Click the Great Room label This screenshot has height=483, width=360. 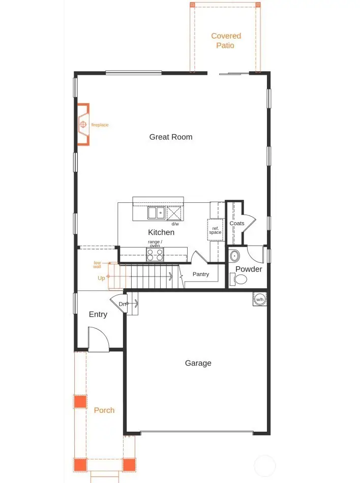pyautogui.click(x=171, y=137)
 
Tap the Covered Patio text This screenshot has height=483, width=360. pyautogui.click(x=226, y=41)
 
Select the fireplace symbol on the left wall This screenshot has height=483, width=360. pyautogui.click(x=83, y=125)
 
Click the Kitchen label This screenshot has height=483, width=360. pyautogui.click(x=161, y=232)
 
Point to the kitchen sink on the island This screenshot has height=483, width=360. pyautogui.click(x=156, y=213)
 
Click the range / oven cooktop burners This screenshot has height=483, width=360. pyautogui.click(x=155, y=254)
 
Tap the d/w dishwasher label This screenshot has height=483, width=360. pyautogui.click(x=175, y=224)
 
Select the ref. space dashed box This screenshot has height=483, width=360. pyautogui.click(x=215, y=230)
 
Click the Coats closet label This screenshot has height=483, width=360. pyautogui.click(x=237, y=223)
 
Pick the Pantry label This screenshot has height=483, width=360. pyautogui.click(x=201, y=274)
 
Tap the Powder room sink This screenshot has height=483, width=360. pyautogui.click(x=234, y=255)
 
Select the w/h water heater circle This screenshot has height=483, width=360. pyautogui.click(x=260, y=299)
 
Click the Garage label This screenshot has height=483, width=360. pyautogui.click(x=198, y=363)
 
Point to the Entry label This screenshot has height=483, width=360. pyautogui.click(x=98, y=314)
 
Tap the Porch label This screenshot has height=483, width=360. pyautogui.click(x=104, y=410)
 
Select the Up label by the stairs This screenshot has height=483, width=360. pyautogui.click(x=101, y=278)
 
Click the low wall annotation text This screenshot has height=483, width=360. pyautogui.click(x=97, y=264)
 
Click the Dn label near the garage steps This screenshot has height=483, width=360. pyautogui.click(x=122, y=304)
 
